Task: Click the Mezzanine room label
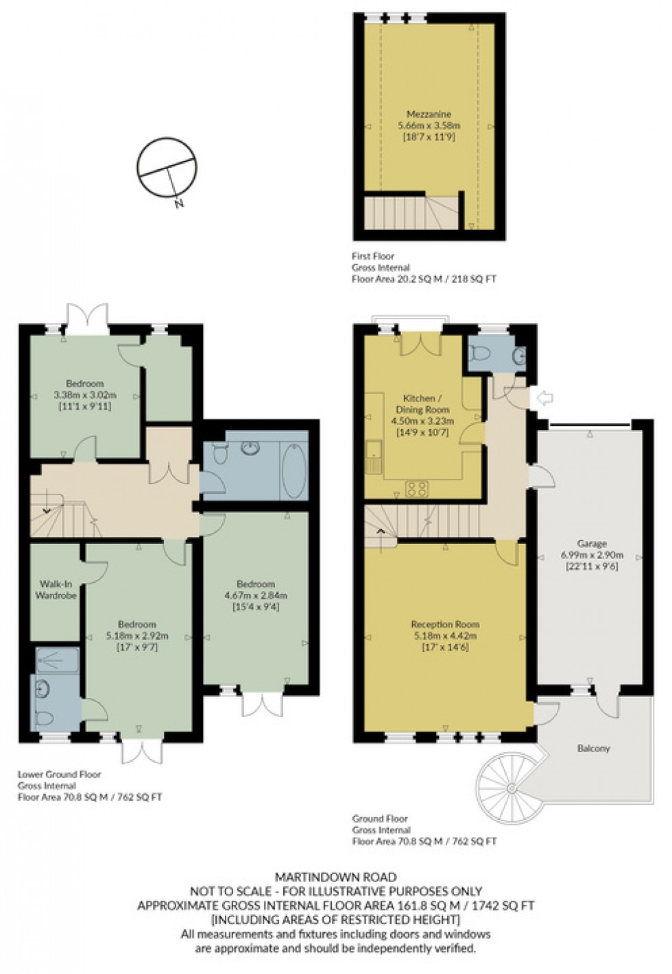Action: click(429, 114)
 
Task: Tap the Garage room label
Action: click(591, 544)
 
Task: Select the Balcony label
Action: click(593, 749)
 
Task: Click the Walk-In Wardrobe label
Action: click(56, 590)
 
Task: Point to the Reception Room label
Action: click(445, 625)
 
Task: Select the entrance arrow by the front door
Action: click(547, 399)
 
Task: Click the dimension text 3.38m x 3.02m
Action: click(85, 395)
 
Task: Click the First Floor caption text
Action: click(374, 256)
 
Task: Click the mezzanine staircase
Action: click(410, 212)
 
